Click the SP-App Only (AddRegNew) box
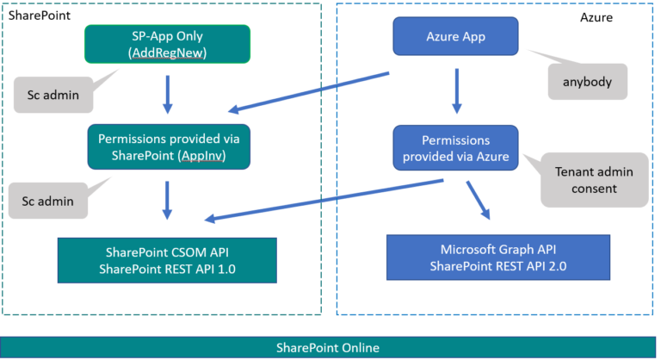(x=168, y=44)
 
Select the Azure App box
(x=455, y=36)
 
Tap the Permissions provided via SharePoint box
(x=168, y=147)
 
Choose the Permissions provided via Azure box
(x=455, y=147)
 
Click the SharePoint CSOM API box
(x=168, y=260)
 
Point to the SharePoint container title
(x=40, y=16)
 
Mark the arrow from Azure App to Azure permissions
(x=455, y=92)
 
